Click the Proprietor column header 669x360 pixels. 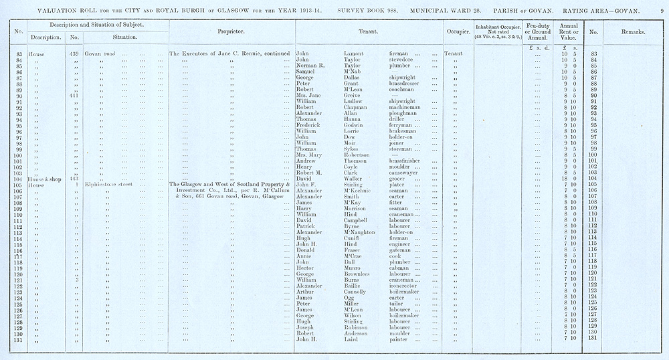pyautogui.click(x=230, y=31)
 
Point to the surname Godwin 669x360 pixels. pyautogui.click(x=345, y=125)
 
